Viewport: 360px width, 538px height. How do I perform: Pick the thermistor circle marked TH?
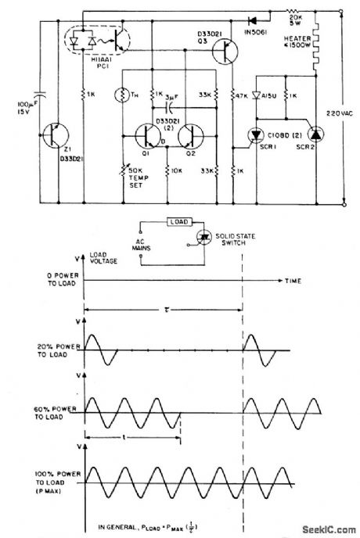coord(123,95)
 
